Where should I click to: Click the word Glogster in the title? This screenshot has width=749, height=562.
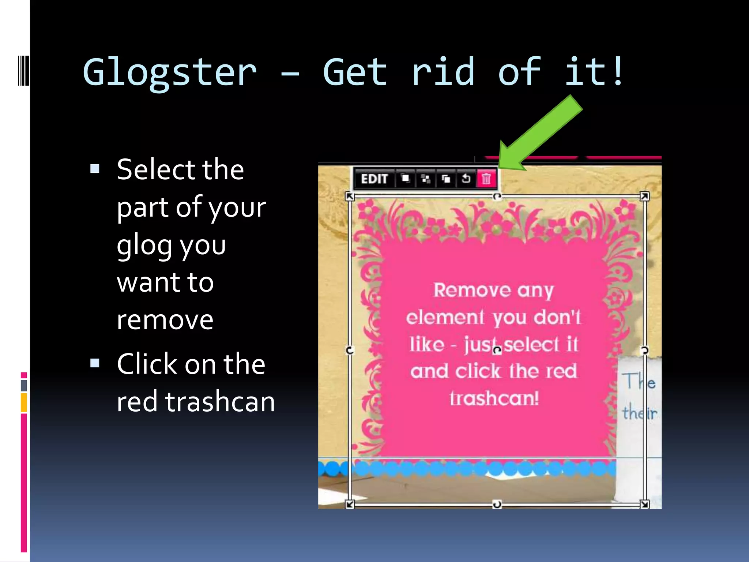[170, 73]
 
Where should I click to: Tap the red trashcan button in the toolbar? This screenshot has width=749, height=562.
[486, 179]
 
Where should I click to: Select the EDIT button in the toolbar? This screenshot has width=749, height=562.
[374, 179]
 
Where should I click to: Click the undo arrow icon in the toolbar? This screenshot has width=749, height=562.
[466, 179]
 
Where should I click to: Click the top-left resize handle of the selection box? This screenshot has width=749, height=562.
[350, 196]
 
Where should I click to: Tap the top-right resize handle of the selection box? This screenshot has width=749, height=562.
[644, 196]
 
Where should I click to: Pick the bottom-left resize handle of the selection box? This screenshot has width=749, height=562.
[350, 505]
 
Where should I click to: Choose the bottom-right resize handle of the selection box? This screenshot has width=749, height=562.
[644, 505]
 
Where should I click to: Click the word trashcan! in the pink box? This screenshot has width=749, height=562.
[494, 398]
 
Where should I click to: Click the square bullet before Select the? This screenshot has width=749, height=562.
[95, 169]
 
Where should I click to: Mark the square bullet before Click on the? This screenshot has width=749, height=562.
[95, 363]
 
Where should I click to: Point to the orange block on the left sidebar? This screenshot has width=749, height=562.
[24, 402]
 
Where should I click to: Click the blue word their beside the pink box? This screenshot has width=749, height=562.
[640, 413]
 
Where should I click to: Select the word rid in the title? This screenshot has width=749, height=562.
[443, 72]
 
